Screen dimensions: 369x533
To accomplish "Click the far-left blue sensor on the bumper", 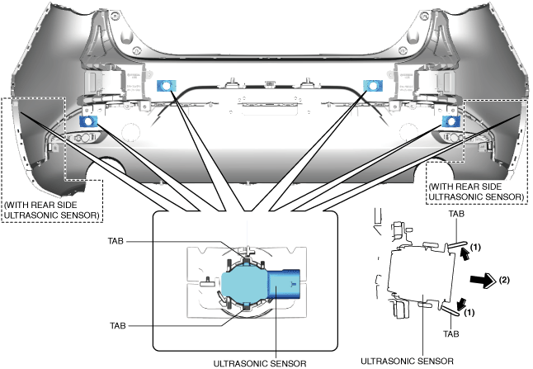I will (86, 122).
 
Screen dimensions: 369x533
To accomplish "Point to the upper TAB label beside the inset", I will (119, 242).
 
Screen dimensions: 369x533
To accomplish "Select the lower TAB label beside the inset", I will (119, 325).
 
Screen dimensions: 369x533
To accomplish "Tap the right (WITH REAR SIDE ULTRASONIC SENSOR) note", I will (476, 192).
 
